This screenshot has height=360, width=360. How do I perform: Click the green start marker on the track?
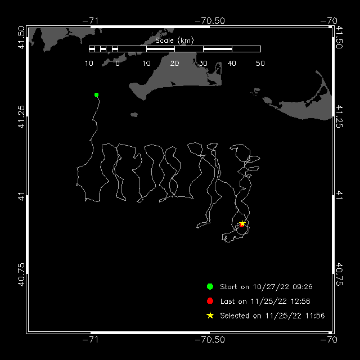(96, 95)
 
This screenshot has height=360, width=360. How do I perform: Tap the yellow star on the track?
(242, 223)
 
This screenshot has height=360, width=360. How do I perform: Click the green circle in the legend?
(210, 286)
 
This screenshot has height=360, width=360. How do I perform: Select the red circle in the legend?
(210, 301)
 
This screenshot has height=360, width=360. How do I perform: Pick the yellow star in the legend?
(210, 316)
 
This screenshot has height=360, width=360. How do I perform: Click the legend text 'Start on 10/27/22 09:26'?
(266, 287)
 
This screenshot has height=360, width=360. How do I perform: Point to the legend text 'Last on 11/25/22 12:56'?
(265, 301)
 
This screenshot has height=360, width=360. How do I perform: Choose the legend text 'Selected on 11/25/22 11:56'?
(272, 316)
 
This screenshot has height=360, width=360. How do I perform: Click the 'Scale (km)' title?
(175, 40)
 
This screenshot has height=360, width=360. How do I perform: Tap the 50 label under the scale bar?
(260, 64)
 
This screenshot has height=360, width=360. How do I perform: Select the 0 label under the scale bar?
(118, 64)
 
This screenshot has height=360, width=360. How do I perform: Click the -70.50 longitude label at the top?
(210, 21)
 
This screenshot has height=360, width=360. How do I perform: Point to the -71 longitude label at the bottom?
(91, 339)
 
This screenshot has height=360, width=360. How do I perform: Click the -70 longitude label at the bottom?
(328, 339)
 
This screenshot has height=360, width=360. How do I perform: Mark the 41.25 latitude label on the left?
(21, 116)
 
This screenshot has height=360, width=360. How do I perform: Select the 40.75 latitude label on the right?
(339, 274)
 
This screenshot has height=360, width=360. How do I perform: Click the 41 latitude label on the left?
(21, 195)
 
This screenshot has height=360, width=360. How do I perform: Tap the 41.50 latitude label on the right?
(339, 37)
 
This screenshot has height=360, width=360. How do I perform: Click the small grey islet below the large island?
(134, 115)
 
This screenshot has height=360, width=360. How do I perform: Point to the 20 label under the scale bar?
(175, 64)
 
